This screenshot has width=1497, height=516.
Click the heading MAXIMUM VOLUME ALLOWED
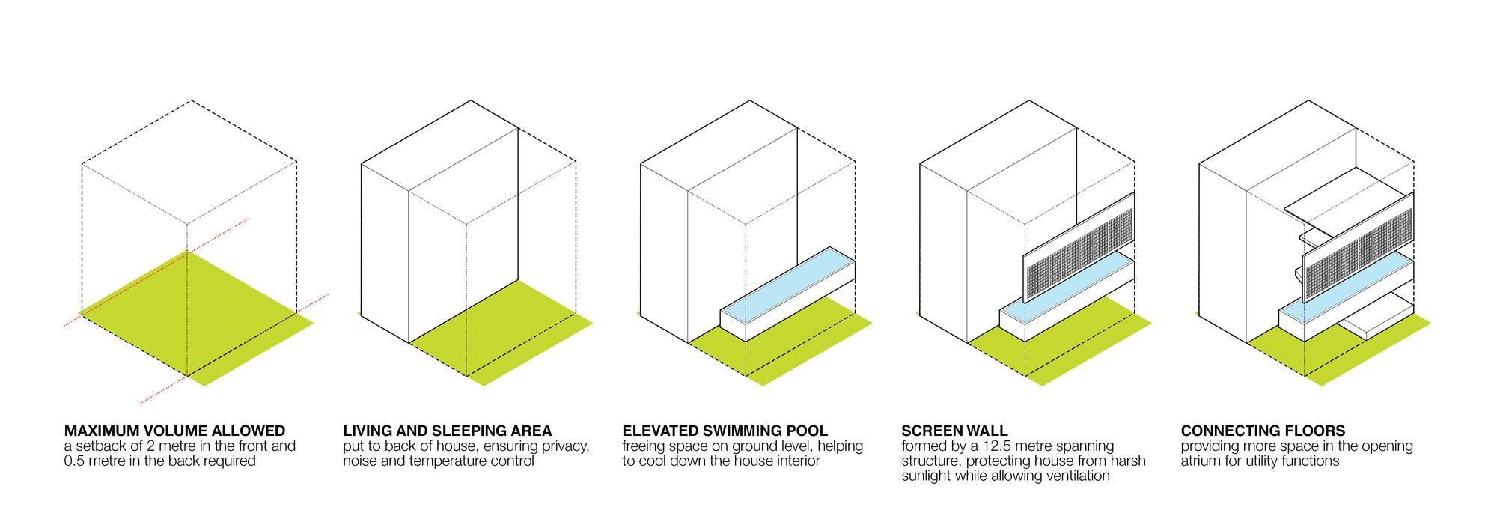pos(174,431)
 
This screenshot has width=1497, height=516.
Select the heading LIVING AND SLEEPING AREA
pos(448,431)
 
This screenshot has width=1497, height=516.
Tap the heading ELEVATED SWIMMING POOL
pos(725,431)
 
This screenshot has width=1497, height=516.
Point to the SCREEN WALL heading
pos(954,431)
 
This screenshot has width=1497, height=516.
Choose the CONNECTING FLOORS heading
pos(1263,431)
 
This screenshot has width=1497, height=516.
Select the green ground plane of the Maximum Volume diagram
pos(196,318)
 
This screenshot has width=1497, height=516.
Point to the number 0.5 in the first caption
pos(76,461)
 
